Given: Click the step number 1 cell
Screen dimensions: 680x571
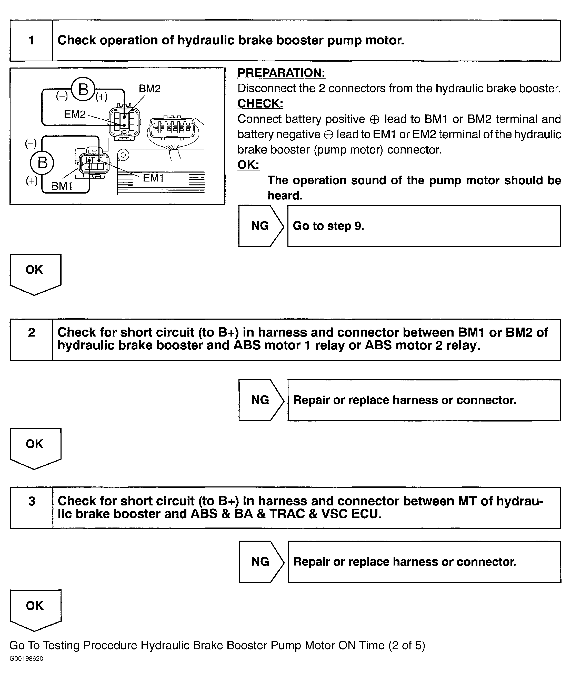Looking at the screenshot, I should tap(31, 41).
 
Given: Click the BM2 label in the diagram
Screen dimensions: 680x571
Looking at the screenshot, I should tap(149, 89).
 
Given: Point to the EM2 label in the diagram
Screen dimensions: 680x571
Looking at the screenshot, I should tap(75, 114).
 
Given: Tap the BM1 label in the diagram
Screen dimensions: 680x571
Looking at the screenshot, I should tap(62, 186).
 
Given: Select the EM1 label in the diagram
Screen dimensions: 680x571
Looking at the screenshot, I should tap(153, 178).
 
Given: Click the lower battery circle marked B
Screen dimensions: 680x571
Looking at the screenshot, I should tap(42, 163).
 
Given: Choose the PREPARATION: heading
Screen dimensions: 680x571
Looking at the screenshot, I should tap(281, 73).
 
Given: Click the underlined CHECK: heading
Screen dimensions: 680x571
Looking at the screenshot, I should tap(260, 104).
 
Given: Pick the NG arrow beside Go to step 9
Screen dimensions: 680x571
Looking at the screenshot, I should tap(260, 226).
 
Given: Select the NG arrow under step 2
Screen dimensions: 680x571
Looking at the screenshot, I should tap(260, 400).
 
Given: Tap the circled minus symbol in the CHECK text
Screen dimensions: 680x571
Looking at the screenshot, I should tap(328, 135).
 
